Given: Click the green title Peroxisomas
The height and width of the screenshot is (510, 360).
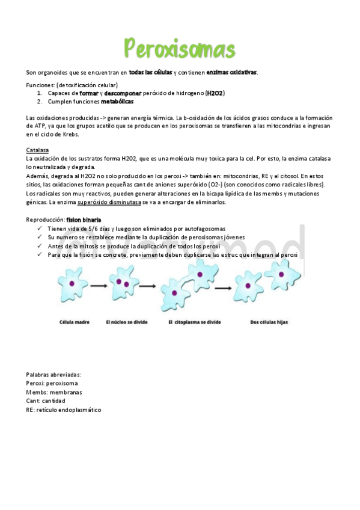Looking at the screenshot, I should click(180, 48).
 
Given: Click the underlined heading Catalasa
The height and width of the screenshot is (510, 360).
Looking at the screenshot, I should click(38, 150).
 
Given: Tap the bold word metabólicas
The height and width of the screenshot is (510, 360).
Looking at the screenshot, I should click(117, 102).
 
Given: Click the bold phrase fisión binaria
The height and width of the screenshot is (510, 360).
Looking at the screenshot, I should click(84, 220).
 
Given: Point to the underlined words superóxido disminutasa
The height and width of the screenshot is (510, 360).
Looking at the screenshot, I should click(109, 203).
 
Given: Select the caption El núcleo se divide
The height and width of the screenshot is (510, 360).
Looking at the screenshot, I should click(127, 322).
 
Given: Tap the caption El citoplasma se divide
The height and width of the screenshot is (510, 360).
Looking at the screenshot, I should click(191, 322).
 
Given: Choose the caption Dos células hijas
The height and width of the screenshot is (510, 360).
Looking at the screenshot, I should click(269, 322).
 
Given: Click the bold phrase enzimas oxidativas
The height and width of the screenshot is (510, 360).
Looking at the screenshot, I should click(231, 73).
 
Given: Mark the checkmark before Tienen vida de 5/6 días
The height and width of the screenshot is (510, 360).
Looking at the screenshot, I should click(39, 229).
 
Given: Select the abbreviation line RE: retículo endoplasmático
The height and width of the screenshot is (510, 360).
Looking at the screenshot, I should click(64, 410).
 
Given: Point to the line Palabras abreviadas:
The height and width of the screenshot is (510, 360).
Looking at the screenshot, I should click(53, 375).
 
